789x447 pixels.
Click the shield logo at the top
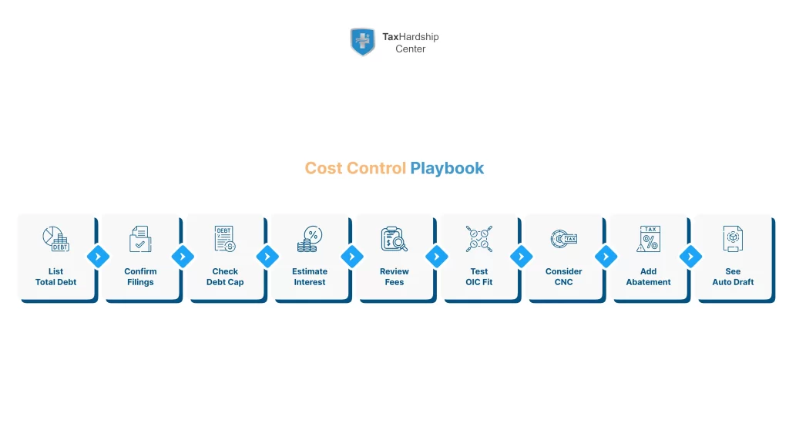362,42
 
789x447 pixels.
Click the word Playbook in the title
447,168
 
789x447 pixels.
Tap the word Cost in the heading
324,168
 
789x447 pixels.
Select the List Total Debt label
55,277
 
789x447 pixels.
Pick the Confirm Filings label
140,277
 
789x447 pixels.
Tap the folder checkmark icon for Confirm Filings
140,239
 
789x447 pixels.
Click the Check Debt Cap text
225,277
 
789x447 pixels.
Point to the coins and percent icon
310,239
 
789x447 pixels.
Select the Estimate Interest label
310,277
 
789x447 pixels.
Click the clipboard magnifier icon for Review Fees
394,239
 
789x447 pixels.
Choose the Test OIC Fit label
478,277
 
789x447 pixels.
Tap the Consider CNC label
563,277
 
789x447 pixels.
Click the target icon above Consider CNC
563,239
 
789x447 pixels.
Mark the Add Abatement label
648,277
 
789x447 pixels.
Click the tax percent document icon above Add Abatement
648,239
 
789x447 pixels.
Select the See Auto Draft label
733,277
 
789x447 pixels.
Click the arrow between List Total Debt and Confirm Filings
98,257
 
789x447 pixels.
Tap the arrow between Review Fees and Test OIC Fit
436,257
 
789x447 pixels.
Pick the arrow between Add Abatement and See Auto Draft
690,257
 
